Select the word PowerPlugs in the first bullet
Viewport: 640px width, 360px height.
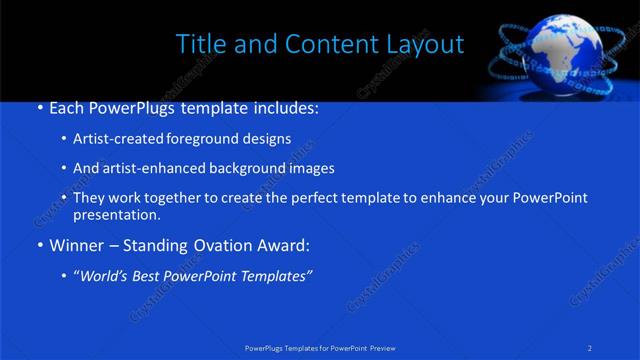point(134,107)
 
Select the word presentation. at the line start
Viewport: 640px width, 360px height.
point(116,215)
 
